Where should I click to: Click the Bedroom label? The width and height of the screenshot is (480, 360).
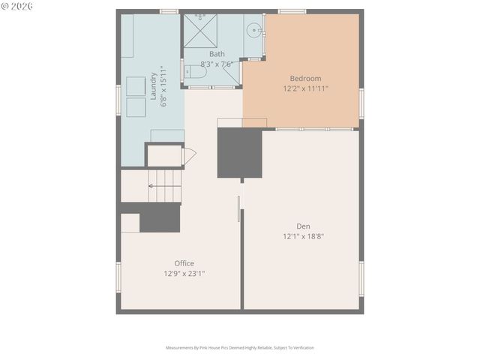tap(305, 78)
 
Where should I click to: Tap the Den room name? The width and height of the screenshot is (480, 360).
tap(303, 226)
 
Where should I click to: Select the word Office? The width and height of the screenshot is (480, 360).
tap(184, 263)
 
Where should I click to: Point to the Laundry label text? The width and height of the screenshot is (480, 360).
tap(154, 86)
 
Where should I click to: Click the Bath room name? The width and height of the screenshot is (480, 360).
tap(217, 54)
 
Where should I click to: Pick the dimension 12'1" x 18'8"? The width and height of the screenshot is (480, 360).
tap(303, 236)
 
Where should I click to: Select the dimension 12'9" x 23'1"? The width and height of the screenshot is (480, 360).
tap(184, 274)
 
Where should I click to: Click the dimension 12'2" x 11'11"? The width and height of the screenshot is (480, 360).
tap(305, 88)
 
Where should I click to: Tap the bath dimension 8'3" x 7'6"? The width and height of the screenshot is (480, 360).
tap(217, 64)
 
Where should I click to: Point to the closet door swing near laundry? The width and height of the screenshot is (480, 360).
tap(189, 156)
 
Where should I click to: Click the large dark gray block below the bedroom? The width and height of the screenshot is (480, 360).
tap(239, 154)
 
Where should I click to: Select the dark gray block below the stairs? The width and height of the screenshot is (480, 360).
tap(160, 217)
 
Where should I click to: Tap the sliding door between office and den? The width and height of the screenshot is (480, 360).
tap(239, 208)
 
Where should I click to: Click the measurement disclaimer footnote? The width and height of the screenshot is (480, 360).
tap(240, 348)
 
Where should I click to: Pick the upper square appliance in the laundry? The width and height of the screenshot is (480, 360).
tap(136, 85)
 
